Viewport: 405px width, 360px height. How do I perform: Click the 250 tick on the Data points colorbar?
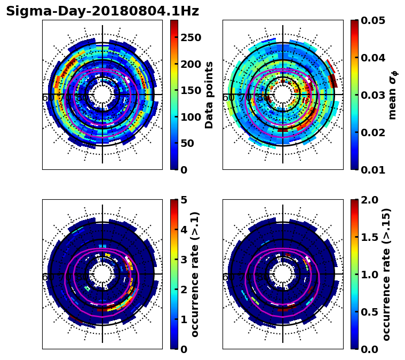click(190, 37)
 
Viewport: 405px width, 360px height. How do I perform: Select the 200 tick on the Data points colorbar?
click(190, 64)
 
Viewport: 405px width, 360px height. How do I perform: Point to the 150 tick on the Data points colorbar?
click(190, 90)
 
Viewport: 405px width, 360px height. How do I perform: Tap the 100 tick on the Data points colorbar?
click(190, 117)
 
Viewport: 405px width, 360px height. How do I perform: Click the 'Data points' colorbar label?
click(209, 95)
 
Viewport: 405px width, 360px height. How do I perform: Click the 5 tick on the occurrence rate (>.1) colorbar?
click(183, 200)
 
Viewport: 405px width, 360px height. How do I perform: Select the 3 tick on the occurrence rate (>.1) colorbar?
click(183, 260)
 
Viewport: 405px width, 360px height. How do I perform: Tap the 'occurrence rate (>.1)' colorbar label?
click(195, 275)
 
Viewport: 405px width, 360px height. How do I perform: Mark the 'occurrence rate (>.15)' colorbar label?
click(386, 275)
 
